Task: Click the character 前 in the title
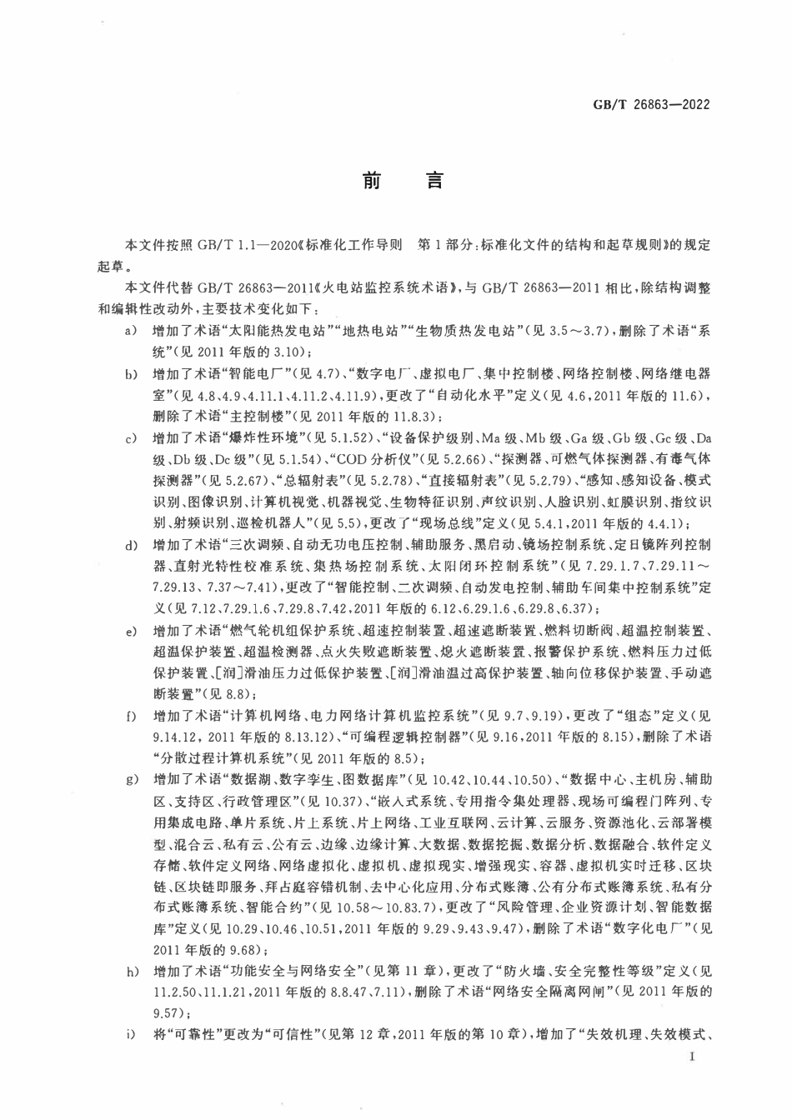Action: click(371, 182)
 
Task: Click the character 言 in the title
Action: click(434, 182)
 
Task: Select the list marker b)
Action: click(130, 376)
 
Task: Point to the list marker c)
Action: click(130, 439)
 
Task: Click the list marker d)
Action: click(130, 546)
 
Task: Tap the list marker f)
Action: click(130, 717)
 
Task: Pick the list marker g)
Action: click(130, 780)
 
